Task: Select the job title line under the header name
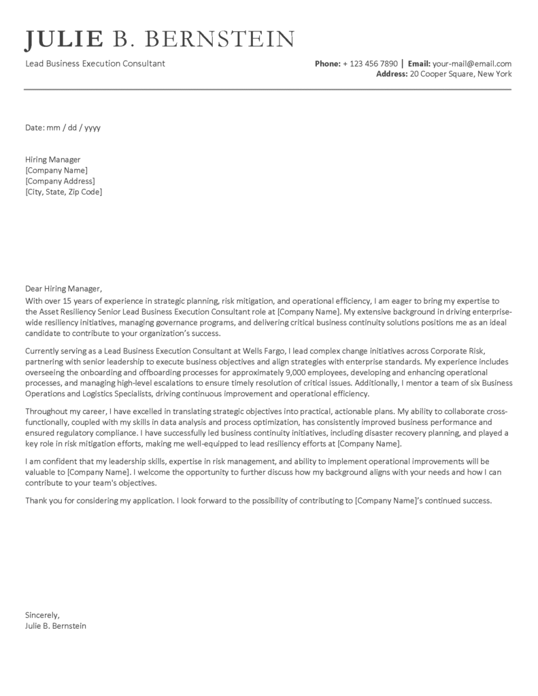point(95,64)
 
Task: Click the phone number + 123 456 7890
point(370,64)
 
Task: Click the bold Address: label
point(392,74)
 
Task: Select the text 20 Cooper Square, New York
point(460,74)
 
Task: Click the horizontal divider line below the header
point(268,89)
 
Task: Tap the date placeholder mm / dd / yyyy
point(73,127)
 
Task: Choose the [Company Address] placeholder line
point(60,181)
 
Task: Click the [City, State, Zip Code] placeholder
point(63,192)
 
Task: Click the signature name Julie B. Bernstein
point(56,625)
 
